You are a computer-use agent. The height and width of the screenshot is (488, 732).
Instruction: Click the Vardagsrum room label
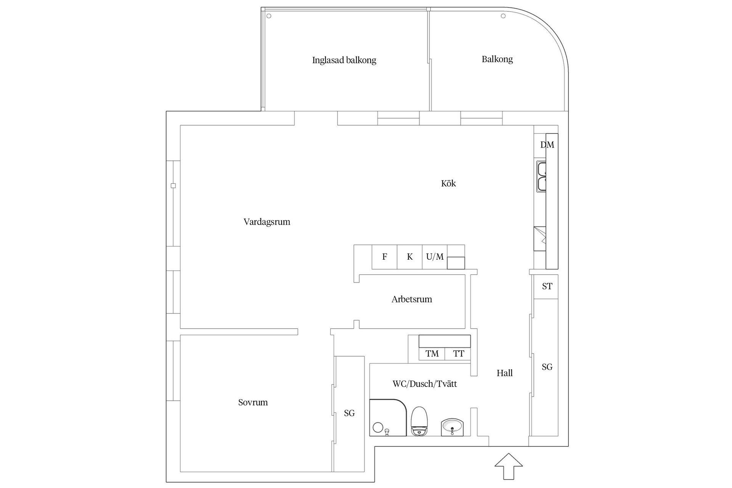tap(267, 222)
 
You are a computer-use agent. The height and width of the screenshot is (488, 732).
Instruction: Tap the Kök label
tap(448, 183)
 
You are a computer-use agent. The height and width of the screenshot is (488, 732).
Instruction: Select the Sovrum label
tap(253, 403)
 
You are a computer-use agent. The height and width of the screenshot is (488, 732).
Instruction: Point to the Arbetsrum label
tap(412, 299)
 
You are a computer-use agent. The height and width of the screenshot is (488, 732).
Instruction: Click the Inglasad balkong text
tap(344, 60)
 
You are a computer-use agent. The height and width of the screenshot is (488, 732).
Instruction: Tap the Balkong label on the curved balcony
tap(497, 59)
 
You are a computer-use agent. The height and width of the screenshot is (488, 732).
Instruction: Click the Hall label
tap(504, 373)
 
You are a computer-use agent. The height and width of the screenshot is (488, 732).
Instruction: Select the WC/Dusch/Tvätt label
tap(425, 384)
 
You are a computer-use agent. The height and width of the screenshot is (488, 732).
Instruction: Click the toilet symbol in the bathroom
tap(419, 421)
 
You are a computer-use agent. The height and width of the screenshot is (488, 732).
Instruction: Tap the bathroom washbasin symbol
tap(452, 427)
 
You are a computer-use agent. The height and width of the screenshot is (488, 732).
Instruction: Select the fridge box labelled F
tap(384, 257)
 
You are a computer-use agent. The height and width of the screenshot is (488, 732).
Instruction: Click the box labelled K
tap(409, 257)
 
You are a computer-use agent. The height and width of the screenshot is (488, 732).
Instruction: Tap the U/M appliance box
tap(435, 257)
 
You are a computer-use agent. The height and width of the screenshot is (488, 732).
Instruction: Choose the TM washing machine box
tap(432, 354)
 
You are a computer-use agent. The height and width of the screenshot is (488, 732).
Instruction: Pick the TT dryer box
tap(458, 354)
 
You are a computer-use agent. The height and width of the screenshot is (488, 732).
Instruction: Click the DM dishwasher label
tap(547, 145)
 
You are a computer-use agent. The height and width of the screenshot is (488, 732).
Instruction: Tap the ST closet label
tap(547, 286)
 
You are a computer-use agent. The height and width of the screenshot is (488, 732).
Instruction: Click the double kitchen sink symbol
tap(541, 177)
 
